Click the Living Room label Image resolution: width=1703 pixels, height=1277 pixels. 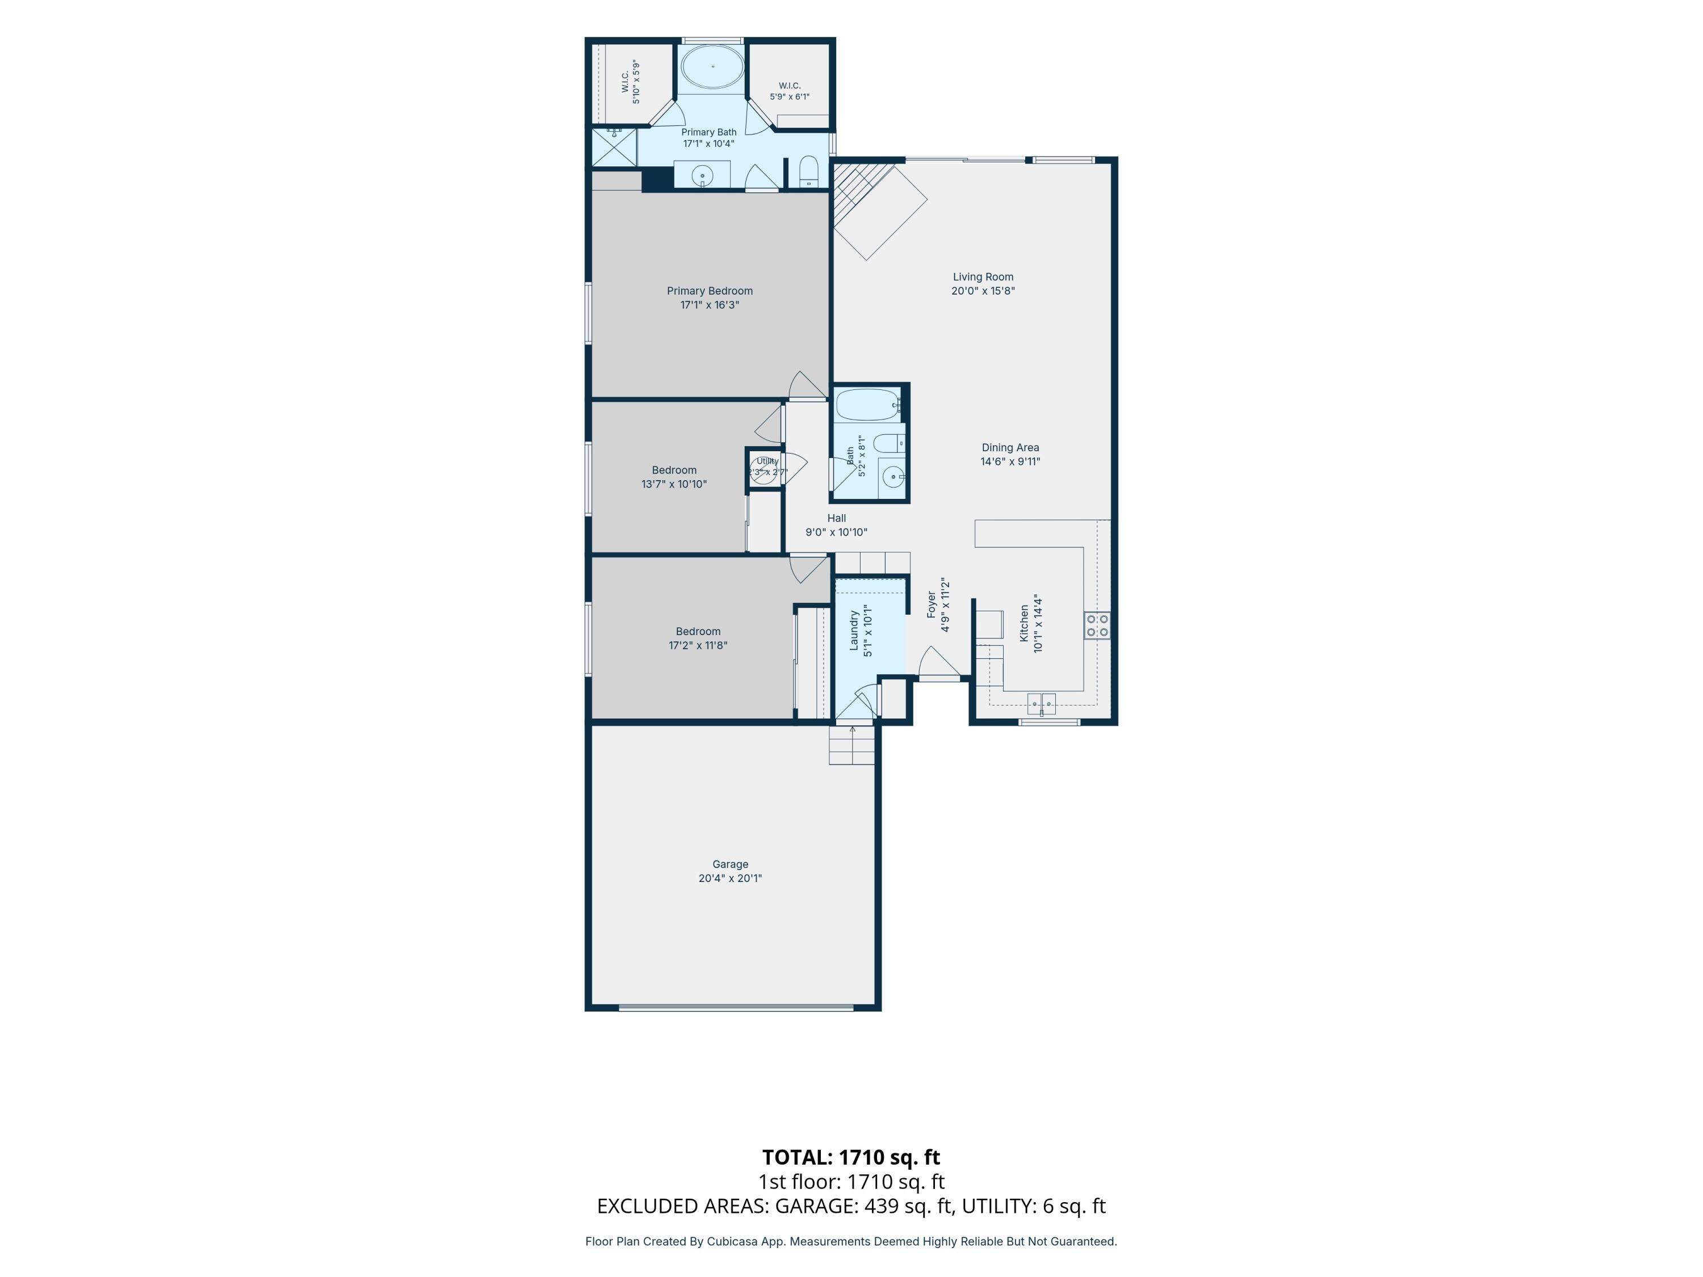click(x=983, y=277)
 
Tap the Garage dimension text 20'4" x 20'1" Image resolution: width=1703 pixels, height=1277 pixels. click(x=730, y=878)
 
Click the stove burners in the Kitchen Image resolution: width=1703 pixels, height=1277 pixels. click(x=1097, y=625)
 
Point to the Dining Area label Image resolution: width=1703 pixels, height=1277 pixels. click(x=1010, y=448)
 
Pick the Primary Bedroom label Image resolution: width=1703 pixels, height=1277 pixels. click(x=710, y=291)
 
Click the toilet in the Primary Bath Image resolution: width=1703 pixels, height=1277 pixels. click(x=808, y=171)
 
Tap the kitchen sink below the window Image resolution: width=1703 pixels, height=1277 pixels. click(x=1042, y=703)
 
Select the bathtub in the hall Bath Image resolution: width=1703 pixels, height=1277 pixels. click(x=869, y=405)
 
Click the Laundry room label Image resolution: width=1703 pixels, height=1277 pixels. click(x=854, y=631)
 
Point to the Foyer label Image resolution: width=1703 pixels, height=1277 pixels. click(x=932, y=605)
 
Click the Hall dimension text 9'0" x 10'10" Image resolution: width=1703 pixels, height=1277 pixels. click(x=836, y=532)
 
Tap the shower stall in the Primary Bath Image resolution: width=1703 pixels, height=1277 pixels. click(x=614, y=147)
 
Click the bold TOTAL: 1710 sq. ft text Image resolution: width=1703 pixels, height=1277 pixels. click(x=851, y=1157)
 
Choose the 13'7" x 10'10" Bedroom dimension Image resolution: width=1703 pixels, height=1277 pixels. click(x=674, y=484)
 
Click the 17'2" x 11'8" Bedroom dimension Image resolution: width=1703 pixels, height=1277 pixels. click(x=698, y=645)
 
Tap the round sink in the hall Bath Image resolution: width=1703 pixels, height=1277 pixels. click(x=893, y=477)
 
